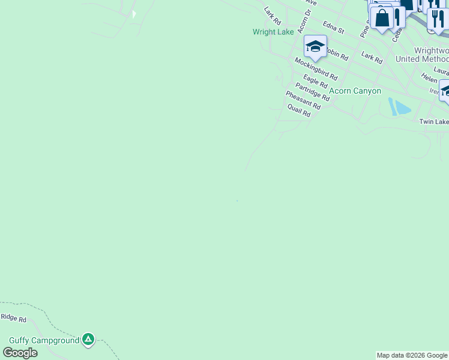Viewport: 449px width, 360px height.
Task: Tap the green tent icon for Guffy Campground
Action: tap(88, 340)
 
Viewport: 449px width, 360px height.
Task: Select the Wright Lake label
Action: tap(273, 32)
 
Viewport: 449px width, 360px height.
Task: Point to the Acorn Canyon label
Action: tap(355, 91)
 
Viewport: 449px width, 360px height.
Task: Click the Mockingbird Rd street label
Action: tap(316, 70)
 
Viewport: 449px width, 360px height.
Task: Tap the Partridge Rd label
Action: tap(312, 92)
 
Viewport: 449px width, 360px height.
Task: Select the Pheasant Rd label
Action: tap(303, 100)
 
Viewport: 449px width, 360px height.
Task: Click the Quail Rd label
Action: tap(298, 110)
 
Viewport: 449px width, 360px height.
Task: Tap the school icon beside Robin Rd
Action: tap(315, 46)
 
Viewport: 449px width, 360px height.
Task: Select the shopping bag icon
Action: tap(382, 17)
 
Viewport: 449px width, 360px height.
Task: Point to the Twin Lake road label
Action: tap(433, 122)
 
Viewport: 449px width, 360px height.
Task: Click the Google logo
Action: tap(20, 353)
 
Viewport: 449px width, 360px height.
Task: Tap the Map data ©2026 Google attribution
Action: tap(412, 355)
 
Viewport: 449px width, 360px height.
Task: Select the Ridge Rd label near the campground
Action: tap(13, 318)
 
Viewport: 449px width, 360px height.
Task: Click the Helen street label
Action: tap(429, 79)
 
